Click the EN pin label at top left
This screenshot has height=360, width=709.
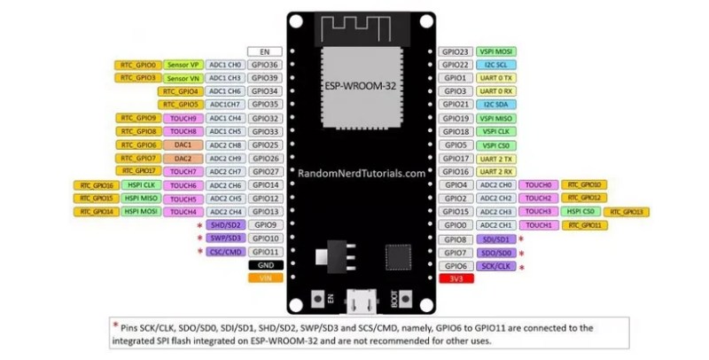(265, 51)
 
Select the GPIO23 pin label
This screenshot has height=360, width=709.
(456, 51)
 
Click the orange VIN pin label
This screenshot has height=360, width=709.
(265, 278)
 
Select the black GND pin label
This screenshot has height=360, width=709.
(265, 264)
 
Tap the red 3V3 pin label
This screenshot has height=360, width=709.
(456, 278)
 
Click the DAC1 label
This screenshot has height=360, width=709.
(183, 145)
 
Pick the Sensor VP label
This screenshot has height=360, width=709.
(183, 65)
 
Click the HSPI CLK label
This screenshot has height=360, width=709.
(140, 185)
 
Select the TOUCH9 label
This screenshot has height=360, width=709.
(183, 118)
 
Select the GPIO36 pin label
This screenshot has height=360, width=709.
(265, 65)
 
